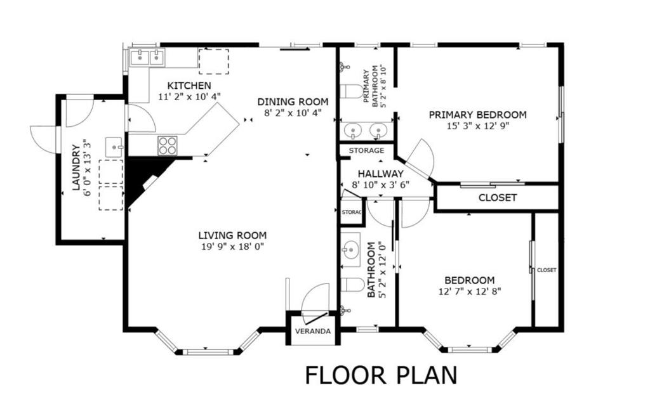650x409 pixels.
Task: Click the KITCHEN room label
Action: (x=189, y=86)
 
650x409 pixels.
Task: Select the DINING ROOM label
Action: (x=293, y=101)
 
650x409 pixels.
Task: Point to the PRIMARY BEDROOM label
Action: (x=477, y=115)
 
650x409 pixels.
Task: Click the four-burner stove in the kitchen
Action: (x=168, y=146)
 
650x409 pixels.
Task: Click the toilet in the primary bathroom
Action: (x=351, y=91)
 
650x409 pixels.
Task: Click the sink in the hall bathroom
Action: (x=350, y=249)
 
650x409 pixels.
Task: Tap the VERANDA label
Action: (x=312, y=332)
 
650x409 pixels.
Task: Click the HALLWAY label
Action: (x=380, y=174)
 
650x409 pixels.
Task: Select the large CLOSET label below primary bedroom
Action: (x=497, y=198)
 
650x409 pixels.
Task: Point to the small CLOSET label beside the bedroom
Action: (x=547, y=270)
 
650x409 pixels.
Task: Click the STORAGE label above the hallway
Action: (x=366, y=151)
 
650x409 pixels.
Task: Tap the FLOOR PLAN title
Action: (x=381, y=375)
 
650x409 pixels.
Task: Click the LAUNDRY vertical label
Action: (x=76, y=168)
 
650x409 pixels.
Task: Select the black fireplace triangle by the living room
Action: (x=143, y=178)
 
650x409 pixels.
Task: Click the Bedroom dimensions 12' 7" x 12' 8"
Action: (x=469, y=292)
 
